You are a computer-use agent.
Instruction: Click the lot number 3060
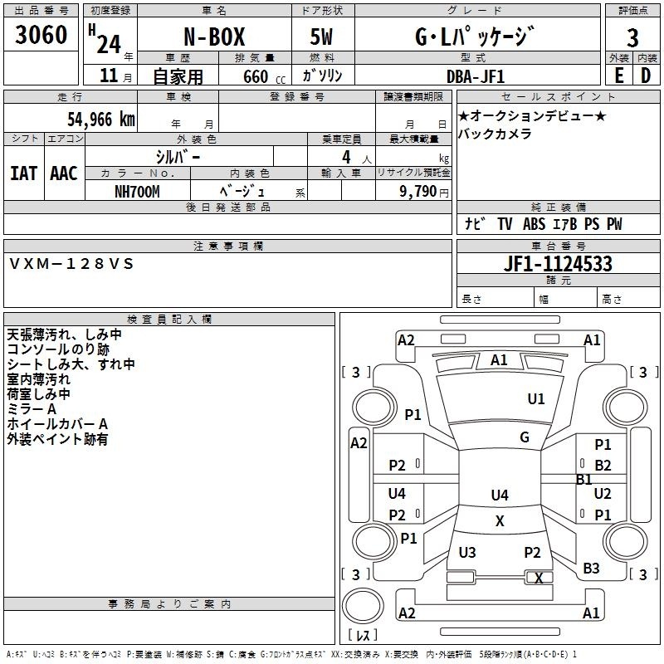pyautogui.click(x=41, y=35)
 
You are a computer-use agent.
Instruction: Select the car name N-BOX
pyautogui.click(x=214, y=37)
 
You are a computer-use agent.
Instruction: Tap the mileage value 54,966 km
pyautogui.click(x=101, y=120)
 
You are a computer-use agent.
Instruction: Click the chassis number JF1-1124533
pyautogui.click(x=558, y=264)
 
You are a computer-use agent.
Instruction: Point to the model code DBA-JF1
pyautogui.click(x=476, y=76)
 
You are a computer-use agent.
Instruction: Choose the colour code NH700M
pyautogui.click(x=137, y=192)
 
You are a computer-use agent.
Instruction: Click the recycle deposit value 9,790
pyautogui.click(x=418, y=192)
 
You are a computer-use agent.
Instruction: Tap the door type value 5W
pyautogui.click(x=321, y=37)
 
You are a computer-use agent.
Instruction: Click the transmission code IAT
pyautogui.click(x=24, y=173)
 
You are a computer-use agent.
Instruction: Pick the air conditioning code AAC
pyautogui.click(x=64, y=173)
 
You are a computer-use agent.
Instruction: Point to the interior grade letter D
pyautogui.click(x=646, y=76)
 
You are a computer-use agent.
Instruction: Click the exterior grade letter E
pyautogui.click(x=619, y=76)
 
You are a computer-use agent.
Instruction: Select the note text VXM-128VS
pyautogui.click(x=71, y=264)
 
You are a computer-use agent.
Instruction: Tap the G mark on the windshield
pyautogui.click(x=525, y=437)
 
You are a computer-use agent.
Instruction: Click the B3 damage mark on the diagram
pyautogui.click(x=591, y=569)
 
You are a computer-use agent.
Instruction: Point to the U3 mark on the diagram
pyautogui.click(x=467, y=552)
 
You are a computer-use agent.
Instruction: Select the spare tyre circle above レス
pyautogui.click(x=363, y=606)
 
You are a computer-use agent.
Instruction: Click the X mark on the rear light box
pyautogui.click(x=539, y=578)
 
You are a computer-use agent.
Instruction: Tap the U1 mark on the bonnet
pyautogui.click(x=536, y=398)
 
